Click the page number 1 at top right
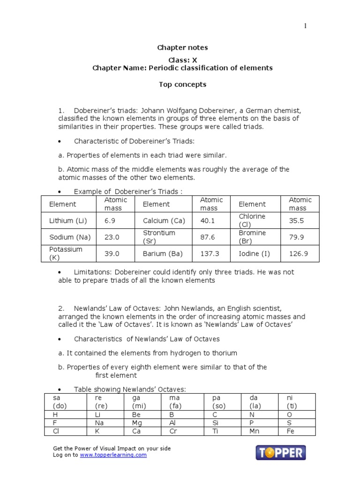tap(305, 26)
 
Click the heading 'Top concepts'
tap(182, 85)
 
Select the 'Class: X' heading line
tap(182, 60)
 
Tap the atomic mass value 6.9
tap(110, 220)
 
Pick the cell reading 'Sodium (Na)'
tap(67, 237)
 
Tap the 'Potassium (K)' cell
tap(66, 254)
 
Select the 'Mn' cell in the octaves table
tap(255, 431)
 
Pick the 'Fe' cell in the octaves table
tap(290, 431)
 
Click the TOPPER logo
tap(280, 452)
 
